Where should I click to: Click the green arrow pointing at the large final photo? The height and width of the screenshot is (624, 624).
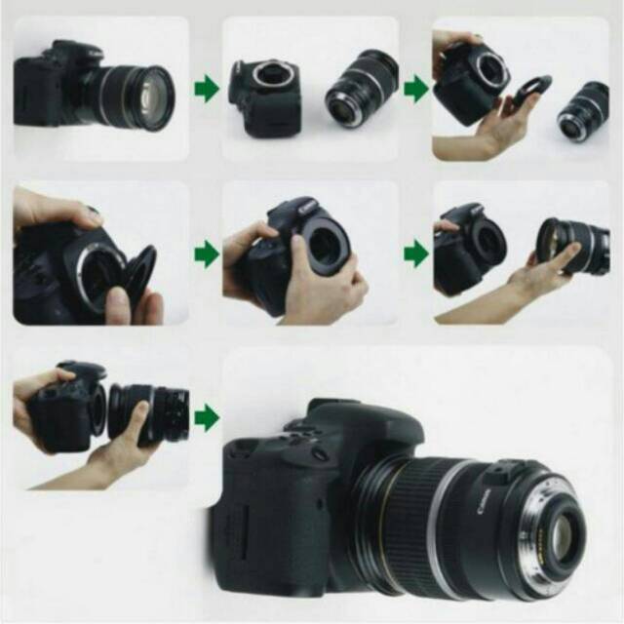pyautogui.click(x=206, y=418)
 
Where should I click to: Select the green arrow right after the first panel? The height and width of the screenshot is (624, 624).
pyautogui.click(x=206, y=90)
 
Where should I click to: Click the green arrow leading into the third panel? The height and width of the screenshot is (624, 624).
pyautogui.click(x=415, y=90)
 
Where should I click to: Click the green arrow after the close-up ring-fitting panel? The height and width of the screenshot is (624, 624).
pyautogui.click(x=206, y=255)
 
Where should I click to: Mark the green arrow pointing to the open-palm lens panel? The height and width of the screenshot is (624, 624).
pyautogui.click(x=415, y=255)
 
